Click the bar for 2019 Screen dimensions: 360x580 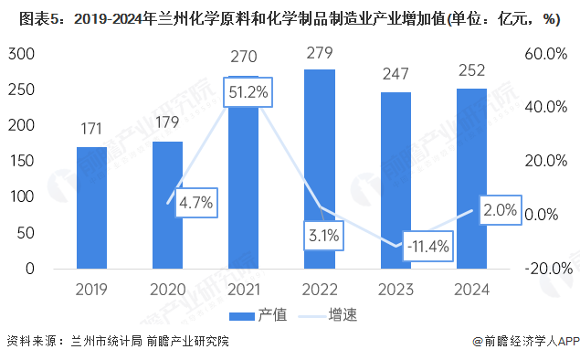[91, 207]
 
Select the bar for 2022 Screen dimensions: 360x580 [320, 169]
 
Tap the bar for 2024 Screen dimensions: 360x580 [472, 178]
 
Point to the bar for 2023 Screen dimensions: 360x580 [396, 180]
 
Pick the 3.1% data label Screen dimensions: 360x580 [322, 236]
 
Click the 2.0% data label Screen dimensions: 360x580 [501, 210]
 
